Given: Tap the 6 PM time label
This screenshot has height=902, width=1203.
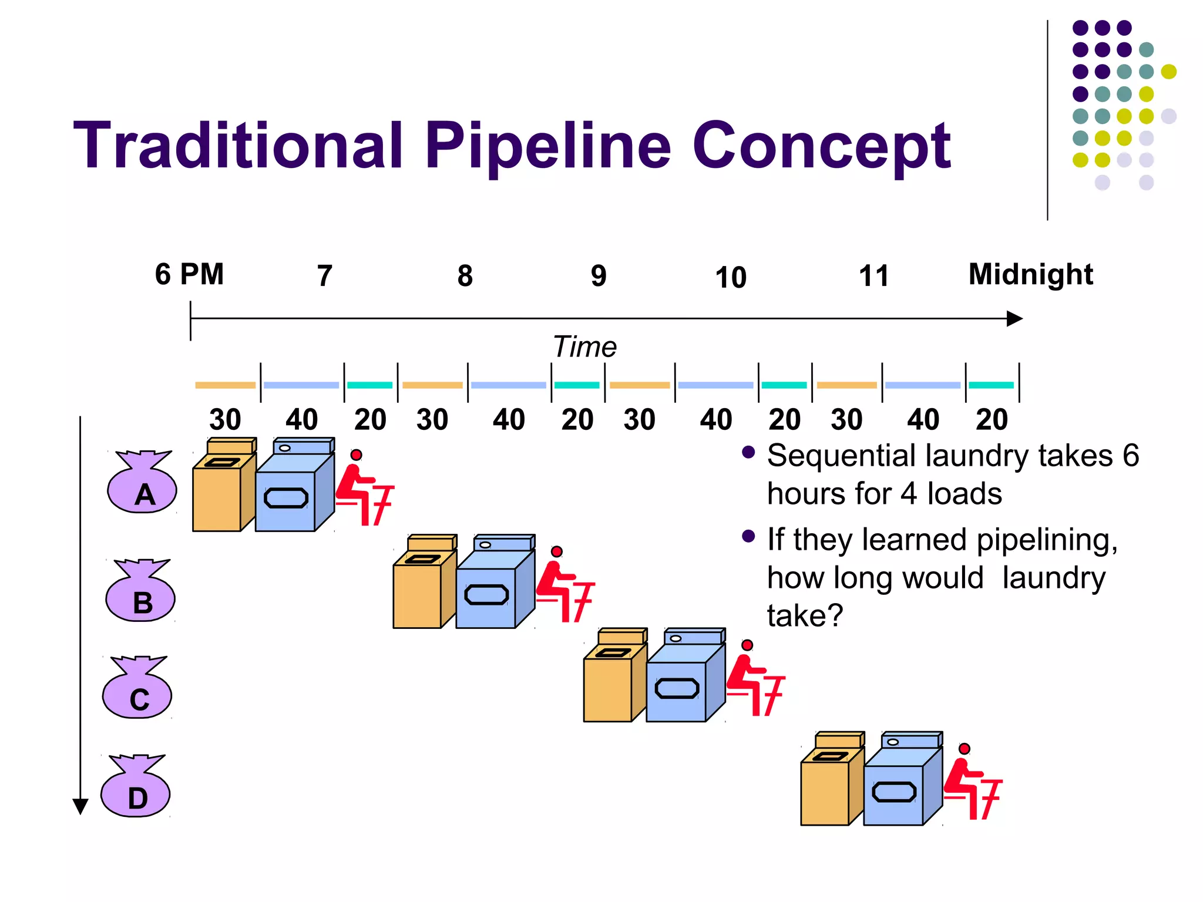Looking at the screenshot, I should (189, 274).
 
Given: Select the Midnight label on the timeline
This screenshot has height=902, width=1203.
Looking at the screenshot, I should (1030, 274).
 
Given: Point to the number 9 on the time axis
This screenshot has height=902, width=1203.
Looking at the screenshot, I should (598, 276).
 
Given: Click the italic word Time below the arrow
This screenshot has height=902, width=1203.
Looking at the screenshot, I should (584, 346).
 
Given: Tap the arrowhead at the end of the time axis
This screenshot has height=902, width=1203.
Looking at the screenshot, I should (1014, 319).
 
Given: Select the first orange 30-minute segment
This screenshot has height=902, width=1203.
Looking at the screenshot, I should (225, 385).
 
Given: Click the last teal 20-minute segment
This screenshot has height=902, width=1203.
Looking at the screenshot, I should (992, 385).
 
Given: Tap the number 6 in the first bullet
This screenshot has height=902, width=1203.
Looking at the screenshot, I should (1131, 456).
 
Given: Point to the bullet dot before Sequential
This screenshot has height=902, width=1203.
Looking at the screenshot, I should (748, 452).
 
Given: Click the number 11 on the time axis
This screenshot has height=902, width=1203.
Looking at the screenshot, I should (873, 276).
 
